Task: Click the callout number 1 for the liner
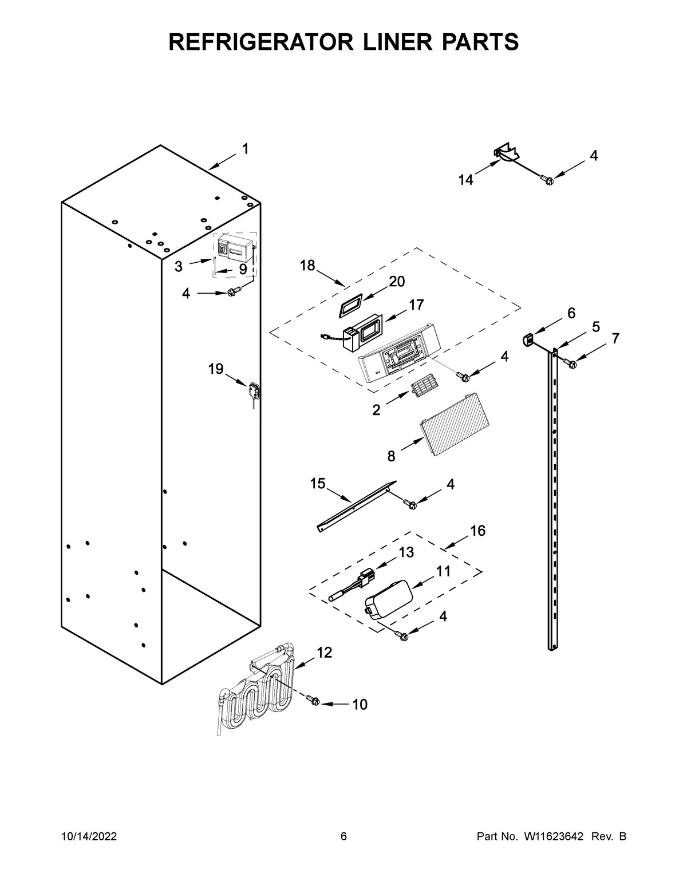[x=245, y=149]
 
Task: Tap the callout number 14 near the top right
[x=465, y=180]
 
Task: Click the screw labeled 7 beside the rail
[x=571, y=362]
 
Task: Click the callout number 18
[x=307, y=266]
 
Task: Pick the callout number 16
[x=477, y=531]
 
